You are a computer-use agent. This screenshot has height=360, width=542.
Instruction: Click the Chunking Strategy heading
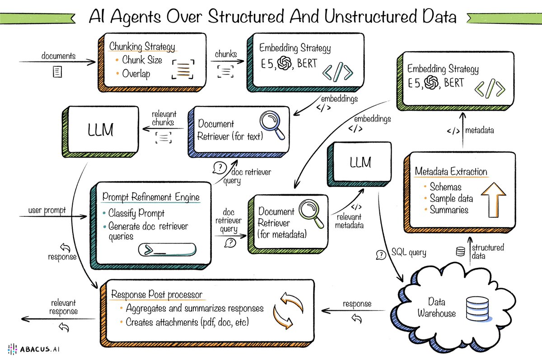coord(142,47)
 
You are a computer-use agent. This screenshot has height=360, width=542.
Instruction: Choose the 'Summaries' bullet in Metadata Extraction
coord(449,210)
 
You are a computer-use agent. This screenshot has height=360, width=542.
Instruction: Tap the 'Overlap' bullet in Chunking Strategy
coord(136,73)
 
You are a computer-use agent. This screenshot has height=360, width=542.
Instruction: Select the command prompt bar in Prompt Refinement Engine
coord(168,250)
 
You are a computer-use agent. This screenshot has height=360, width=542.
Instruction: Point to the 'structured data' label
coord(487,252)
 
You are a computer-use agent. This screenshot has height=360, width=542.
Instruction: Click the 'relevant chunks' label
coord(164,118)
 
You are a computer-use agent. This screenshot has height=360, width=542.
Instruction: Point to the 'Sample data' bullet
coord(451,198)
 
